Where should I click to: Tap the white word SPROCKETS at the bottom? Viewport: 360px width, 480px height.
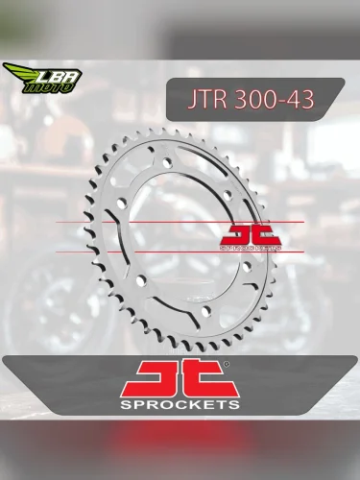180,405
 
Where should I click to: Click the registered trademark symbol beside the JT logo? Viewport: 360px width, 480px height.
226,365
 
